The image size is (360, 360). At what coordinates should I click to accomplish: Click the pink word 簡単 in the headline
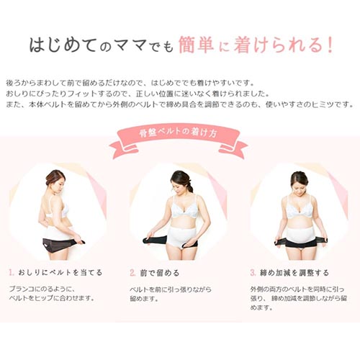196,45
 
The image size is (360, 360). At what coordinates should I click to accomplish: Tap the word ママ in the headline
130,45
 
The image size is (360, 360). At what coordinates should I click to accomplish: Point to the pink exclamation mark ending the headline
330,45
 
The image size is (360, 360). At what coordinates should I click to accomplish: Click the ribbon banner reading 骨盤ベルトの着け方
178,142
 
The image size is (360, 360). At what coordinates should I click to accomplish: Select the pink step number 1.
12,272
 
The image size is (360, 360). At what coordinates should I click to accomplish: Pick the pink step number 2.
132,273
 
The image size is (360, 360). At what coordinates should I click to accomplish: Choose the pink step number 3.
253,273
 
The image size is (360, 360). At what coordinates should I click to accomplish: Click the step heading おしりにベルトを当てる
60,272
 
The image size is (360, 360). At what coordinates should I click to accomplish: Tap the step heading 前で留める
160,273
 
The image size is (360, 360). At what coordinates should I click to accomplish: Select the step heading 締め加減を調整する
294,273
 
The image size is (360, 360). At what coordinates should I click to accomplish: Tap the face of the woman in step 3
298,185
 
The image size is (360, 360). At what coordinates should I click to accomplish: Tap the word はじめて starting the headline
63,45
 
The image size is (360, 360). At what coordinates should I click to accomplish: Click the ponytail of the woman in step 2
190,186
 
